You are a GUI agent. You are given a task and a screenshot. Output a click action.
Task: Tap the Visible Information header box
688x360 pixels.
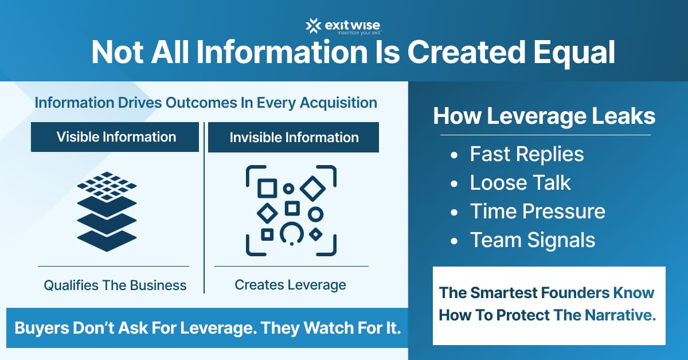[115, 137]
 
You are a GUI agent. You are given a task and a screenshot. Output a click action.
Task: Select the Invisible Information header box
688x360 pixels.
[294, 138]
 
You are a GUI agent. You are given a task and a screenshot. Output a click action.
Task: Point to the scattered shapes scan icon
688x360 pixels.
[291, 210]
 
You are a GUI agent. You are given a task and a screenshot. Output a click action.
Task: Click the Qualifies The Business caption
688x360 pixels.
[115, 285]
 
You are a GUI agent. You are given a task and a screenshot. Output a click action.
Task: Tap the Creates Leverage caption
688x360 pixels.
[290, 284]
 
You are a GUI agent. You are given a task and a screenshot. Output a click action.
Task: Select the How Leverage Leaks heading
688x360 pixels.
[544, 116]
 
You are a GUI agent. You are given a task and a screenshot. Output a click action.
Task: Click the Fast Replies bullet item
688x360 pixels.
[526, 154]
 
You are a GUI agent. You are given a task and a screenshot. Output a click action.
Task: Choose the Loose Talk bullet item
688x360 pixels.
[520, 182]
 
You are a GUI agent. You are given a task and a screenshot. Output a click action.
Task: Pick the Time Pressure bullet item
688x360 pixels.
[537, 211]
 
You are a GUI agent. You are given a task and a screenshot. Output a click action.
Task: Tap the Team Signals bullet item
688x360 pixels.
[533, 240]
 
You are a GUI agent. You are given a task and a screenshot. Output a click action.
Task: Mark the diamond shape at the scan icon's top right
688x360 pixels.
[313, 189]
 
